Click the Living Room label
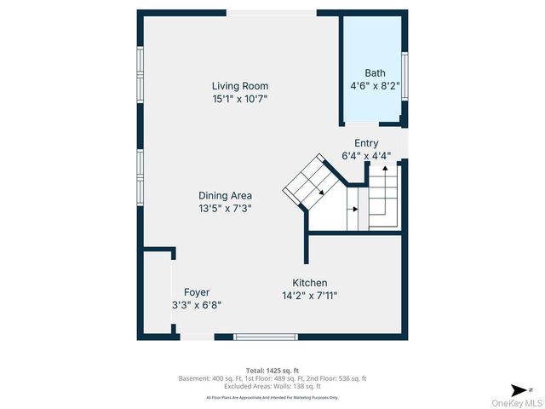tap(240, 86)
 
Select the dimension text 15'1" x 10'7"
tap(240, 99)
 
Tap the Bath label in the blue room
tap(375, 73)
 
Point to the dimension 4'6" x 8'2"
tap(375, 86)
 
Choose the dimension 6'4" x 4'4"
tap(366, 156)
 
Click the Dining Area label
tap(225, 195)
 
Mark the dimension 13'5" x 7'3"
tap(225, 208)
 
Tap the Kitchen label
tap(310, 283)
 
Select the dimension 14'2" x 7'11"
tap(310, 297)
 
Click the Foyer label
tap(197, 292)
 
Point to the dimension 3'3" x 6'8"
tap(197, 305)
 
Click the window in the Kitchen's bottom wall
tap(260, 337)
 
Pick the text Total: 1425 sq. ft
tap(272, 371)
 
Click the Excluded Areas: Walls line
tap(272, 386)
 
